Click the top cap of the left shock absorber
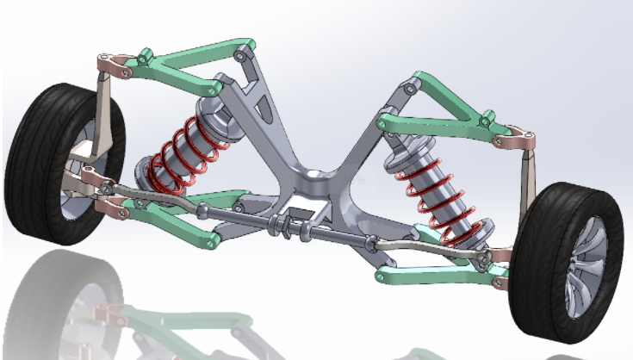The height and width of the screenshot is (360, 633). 214,108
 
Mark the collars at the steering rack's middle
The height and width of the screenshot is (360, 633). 284,227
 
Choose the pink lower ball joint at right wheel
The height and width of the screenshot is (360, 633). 500,257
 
